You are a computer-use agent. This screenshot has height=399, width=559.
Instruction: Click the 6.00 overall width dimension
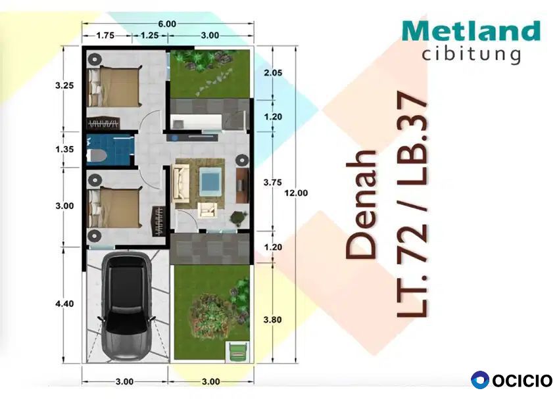click(167, 24)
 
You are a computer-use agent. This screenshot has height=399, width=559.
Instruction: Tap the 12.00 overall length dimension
click(296, 193)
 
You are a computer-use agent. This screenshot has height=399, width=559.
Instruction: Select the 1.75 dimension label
click(105, 35)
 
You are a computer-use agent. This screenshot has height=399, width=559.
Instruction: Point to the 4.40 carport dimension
click(64, 304)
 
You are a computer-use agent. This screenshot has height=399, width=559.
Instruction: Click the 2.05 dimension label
click(273, 73)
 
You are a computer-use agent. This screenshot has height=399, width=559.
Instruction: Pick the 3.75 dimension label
click(273, 182)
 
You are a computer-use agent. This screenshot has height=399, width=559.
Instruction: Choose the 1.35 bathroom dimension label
click(64, 149)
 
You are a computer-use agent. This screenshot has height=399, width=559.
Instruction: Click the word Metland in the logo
click(472, 31)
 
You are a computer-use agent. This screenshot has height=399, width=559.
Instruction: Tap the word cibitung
click(472, 55)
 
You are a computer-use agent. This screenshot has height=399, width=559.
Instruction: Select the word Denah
click(361, 204)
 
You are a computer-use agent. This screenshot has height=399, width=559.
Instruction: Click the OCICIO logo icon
click(480, 380)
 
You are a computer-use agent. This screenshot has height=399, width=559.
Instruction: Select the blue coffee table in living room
click(210, 180)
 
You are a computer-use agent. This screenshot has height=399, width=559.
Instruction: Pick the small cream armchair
click(207, 210)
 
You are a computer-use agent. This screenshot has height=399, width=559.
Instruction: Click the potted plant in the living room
click(238, 218)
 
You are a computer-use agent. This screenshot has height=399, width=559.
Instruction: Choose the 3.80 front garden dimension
click(273, 320)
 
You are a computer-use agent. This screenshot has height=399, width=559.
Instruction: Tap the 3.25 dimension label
click(64, 85)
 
